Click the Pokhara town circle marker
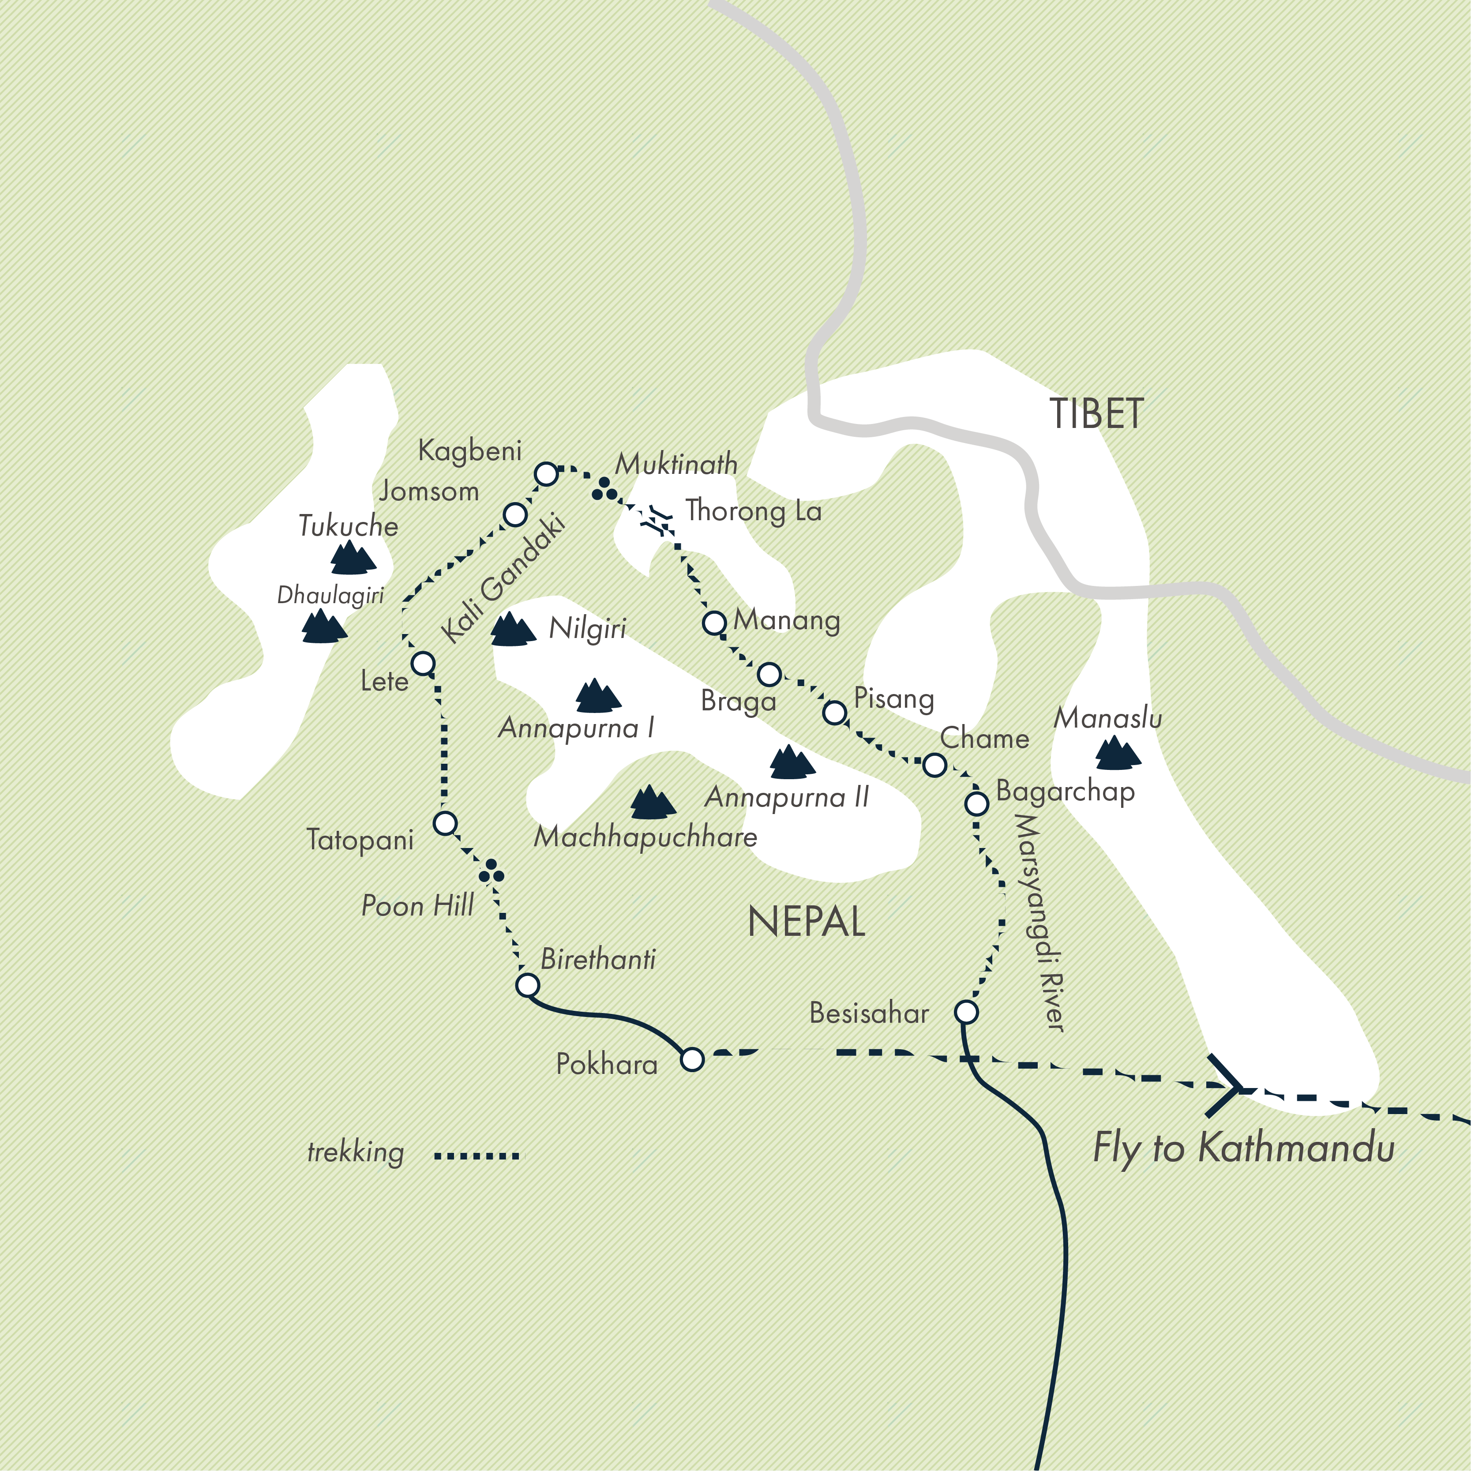tap(691, 1059)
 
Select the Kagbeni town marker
tap(546, 473)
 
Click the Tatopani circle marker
tap(445, 823)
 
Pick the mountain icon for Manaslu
tap(1117, 753)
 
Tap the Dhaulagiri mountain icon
tap(323, 627)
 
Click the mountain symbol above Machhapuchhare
tap(652, 803)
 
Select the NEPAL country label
tap(806, 922)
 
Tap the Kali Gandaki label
tap(503, 579)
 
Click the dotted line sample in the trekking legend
tap(477, 1156)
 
